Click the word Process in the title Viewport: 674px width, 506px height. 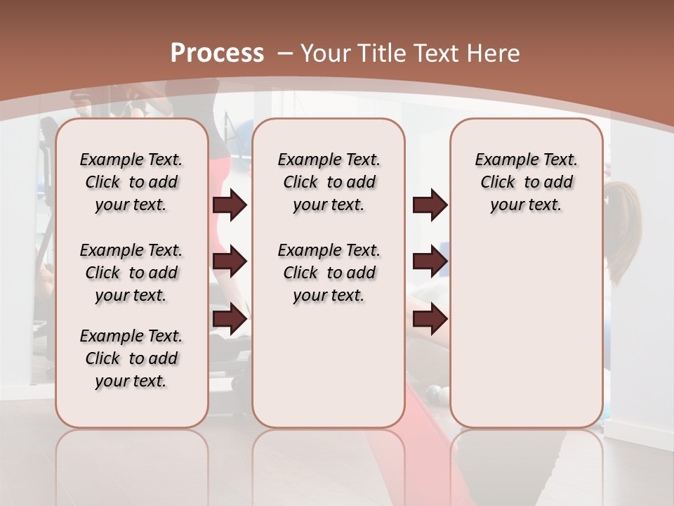pos(217,53)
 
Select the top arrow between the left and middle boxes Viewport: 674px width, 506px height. pos(230,205)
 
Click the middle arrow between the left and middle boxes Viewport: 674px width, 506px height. pos(230,261)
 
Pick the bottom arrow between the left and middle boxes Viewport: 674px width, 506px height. pos(230,319)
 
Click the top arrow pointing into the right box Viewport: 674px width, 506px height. pos(430,205)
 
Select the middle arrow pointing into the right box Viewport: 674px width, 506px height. pos(430,261)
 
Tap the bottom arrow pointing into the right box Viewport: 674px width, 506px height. pos(430,319)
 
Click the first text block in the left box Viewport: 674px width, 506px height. pos(131,182)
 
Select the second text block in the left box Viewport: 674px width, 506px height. pos(131,273)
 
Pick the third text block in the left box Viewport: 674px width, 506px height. pos(131,358)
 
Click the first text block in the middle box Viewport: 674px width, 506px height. pos(329,182)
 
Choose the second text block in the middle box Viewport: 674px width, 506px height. pos(329,273)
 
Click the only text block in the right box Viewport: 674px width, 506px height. pos(526,182)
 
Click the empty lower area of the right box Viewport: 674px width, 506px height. pos(526,330)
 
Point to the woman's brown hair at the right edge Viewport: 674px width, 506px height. pos(625,225)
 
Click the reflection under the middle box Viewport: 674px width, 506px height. pos(329,457)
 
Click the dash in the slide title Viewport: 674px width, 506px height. pos(285,53)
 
